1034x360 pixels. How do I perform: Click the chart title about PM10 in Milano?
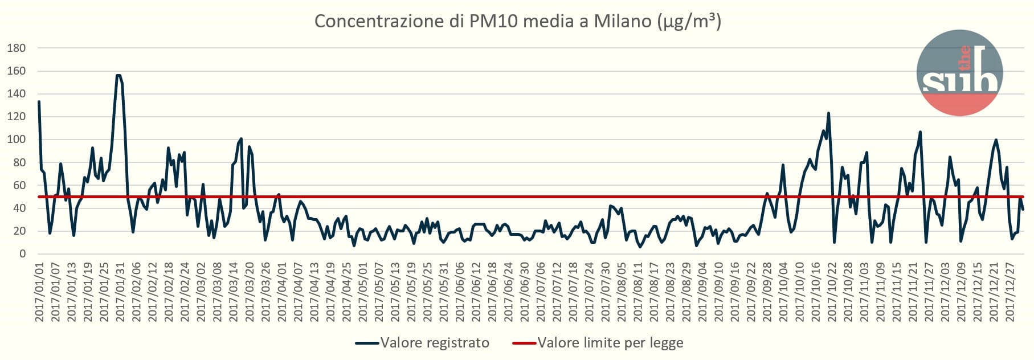pyautogui.click(x=517, y=21)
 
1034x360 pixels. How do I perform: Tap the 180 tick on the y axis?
pyautogui.click(x=17, y=48)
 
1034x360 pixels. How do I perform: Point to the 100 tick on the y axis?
pyautogui.click(x=17, y=140)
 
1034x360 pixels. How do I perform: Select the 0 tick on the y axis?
pyautogui.click(x=22, y=254)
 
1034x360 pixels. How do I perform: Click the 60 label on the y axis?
pyautogui.click(x=19, y=186)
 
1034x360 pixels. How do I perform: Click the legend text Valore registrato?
pyautogui.click(x=435, y=343)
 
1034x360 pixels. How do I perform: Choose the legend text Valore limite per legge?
pyautogui.click(x=610, y=343)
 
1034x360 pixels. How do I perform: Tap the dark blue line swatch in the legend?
pyautogui.click(x=367, y=343)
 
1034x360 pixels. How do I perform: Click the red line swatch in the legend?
pyautogui.click(x=524, y=343)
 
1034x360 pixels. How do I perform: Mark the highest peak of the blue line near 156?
pyautogui.click(x=118, y=76)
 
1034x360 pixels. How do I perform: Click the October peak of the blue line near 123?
pyautogui.click(x=828, y=113)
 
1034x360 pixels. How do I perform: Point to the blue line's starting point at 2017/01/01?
pyautogui.click(x=39, y=102)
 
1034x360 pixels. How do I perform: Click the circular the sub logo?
pyautogui.click(x=959, y=73)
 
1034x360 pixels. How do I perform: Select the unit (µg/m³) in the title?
pyautogui.click(x=689, y=22)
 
